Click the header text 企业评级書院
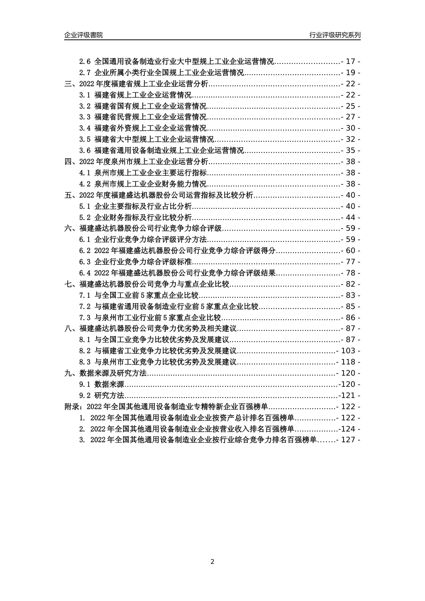(x=84, y=35)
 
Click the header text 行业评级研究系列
(x=335, y=35)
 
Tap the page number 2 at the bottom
(x=212, y=562)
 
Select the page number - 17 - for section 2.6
(x=350, y=61)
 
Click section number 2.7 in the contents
(x=85, y=72)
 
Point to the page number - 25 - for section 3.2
(x=350, y=106)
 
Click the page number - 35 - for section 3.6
(x=350, y=151)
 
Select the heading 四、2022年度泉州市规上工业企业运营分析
(x=136, y=162)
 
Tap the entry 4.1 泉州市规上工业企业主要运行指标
(x=143, y=173)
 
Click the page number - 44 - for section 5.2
(x=350, y=217)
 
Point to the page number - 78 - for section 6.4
(x=350, y=273)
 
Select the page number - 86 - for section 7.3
(x=350, y=317)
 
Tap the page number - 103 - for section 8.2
(x=348, y=351)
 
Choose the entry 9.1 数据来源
(x=102, y=384)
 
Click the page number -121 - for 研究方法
(x=349, y=395)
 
